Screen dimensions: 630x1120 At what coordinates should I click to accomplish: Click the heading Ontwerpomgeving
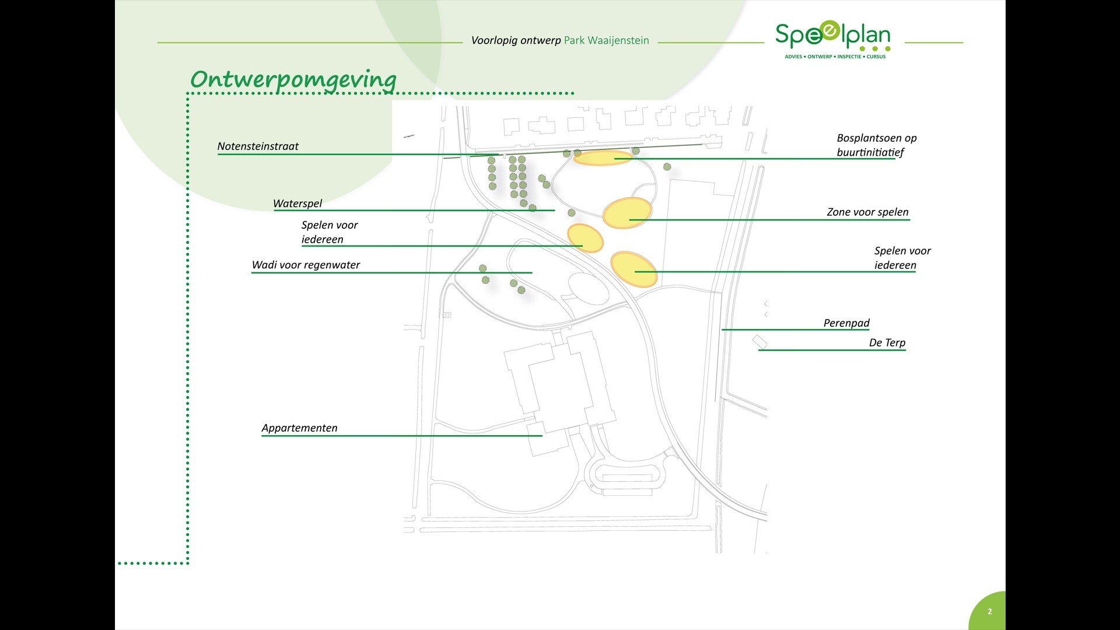293,79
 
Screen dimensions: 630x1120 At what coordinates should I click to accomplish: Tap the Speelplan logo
833,36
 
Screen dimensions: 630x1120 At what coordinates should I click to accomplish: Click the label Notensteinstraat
258,146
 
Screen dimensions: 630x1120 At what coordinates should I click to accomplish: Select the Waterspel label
297,204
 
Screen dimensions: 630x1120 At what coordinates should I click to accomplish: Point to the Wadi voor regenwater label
306,265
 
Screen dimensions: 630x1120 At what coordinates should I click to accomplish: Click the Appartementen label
299,428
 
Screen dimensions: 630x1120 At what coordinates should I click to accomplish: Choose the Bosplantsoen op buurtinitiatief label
876,145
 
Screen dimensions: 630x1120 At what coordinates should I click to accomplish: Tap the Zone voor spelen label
867,212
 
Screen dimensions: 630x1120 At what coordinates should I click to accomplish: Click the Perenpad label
846,323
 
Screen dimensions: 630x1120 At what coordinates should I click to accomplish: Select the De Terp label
887,343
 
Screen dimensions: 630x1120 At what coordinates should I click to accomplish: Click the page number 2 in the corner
989,612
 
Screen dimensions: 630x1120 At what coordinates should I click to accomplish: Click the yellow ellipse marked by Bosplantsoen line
603,157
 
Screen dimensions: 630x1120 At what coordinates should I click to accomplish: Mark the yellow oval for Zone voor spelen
627,213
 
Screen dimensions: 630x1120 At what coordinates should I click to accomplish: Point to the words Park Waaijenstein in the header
606,41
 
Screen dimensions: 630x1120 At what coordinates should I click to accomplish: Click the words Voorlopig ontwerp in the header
516,41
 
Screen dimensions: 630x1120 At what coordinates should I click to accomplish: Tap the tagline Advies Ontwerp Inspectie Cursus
835,57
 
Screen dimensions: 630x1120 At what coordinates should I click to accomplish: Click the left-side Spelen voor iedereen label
330,232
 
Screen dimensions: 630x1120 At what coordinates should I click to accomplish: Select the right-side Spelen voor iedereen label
902,258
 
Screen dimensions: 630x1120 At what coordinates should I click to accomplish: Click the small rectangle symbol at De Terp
759,342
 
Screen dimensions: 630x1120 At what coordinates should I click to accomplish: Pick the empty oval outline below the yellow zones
589,289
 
